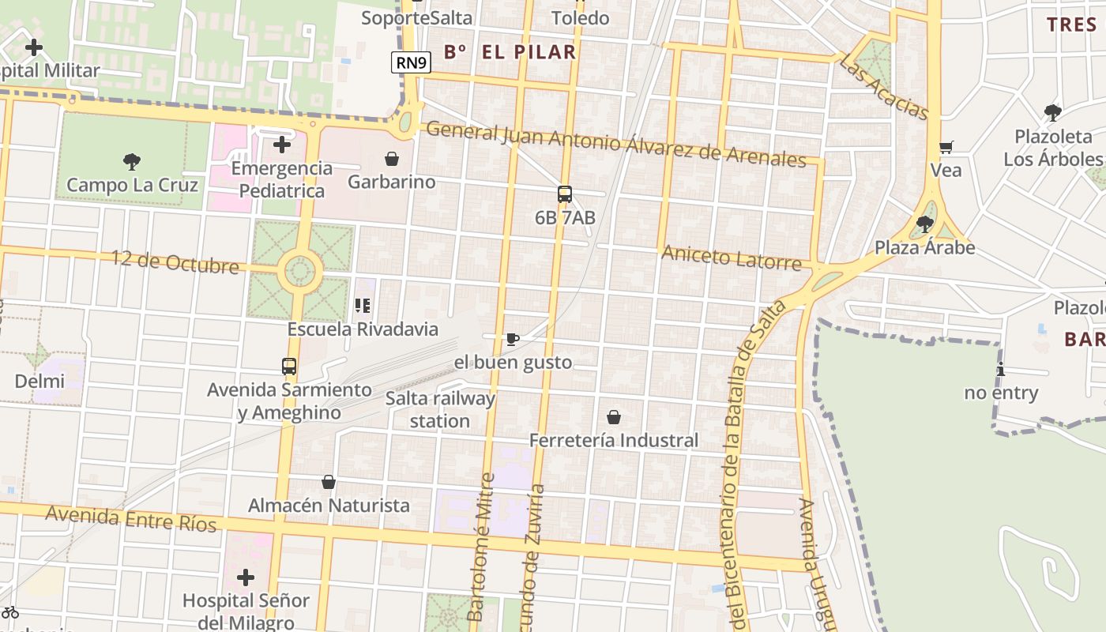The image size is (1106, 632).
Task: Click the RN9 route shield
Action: [x=411, y=62]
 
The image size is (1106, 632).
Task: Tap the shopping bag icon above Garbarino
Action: [x=391, y=159]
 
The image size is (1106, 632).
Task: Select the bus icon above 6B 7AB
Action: [x=565, y=194]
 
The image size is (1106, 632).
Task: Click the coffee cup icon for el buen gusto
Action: [x=512, y=340]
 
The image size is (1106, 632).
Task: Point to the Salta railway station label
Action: [x=440, y=409]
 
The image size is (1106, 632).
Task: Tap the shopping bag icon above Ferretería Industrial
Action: [x=614, y=417]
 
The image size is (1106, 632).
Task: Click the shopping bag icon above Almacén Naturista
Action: [x=329, y=482]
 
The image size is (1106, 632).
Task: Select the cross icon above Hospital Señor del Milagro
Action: [x=246, y=577]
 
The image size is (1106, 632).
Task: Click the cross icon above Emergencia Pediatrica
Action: [x=282, y=145]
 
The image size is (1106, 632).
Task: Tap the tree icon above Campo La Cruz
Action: [x=132, y=162]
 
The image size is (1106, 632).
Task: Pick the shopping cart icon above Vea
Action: [x=946, y=147]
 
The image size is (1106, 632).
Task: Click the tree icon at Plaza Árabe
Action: [x=924, y=224]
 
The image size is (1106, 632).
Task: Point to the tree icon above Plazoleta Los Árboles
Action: [x=1052, y=113]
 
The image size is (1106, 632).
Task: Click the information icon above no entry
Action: [x=1001, y=369]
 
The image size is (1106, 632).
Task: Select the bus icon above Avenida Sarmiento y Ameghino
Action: [x=289, y=367]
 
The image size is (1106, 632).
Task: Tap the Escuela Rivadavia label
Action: [x=363, y=329]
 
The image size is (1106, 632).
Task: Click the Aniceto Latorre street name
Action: [x=731, y=257]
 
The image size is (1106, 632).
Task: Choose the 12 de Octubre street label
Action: [x=175, y=261]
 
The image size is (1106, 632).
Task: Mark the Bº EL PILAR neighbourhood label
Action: [x=510, y=53]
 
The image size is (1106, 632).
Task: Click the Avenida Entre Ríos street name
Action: [x=130, y=518]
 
